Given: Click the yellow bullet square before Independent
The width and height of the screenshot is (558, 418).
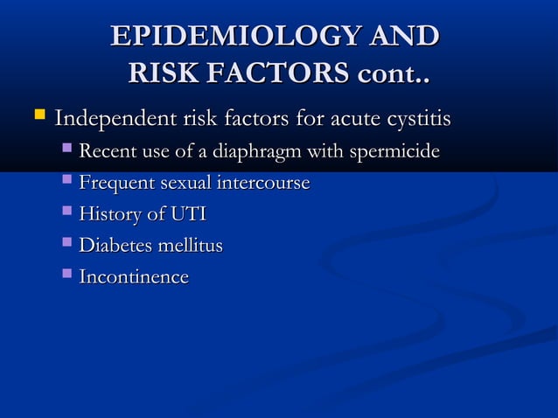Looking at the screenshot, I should pos(38,115).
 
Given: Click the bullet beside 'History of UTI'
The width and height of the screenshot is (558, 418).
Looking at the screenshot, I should pos(67,212).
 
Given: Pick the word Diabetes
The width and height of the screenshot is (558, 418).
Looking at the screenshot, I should pos(114,247).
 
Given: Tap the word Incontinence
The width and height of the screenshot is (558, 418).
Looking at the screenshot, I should pos(133,278).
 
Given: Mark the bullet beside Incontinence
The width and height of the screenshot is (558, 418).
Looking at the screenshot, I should pos(67,275).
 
